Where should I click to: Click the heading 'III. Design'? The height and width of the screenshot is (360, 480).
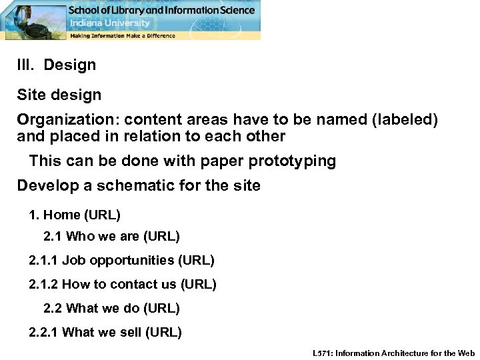tap(57, 65)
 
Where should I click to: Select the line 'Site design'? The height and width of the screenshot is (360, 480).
tap(59, 95)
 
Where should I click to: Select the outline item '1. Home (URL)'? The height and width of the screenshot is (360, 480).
tap(75, 215)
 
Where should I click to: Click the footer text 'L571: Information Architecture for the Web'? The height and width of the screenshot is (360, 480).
tap(394, 353)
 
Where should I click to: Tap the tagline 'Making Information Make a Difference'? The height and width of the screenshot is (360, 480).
tap(123, 35)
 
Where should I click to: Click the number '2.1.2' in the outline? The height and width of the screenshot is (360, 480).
tap(44, 284)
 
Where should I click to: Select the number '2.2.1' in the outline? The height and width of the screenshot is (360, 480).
tap(44, 332)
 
